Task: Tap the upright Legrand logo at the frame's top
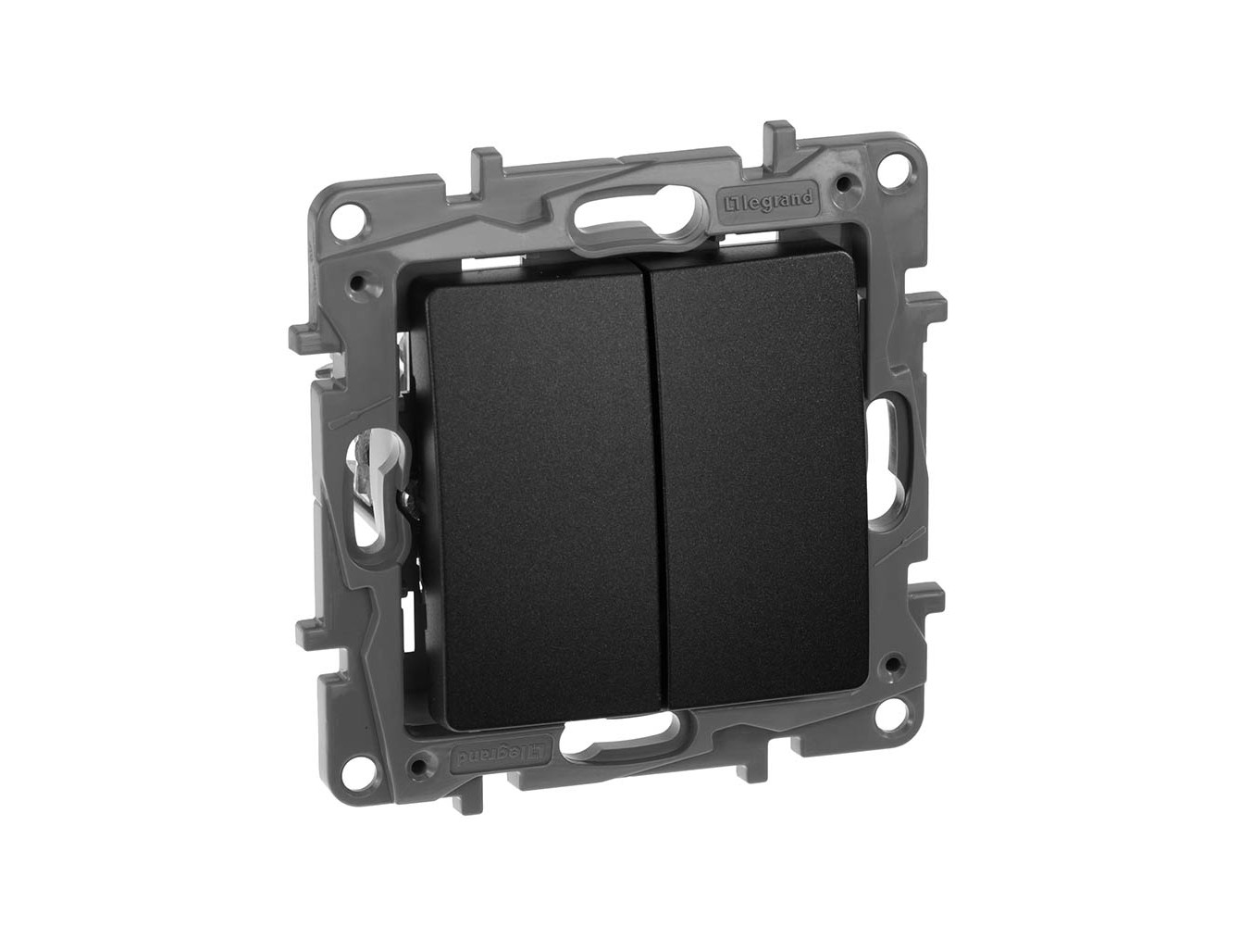(766, 200)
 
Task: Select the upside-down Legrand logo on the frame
(501, 752)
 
